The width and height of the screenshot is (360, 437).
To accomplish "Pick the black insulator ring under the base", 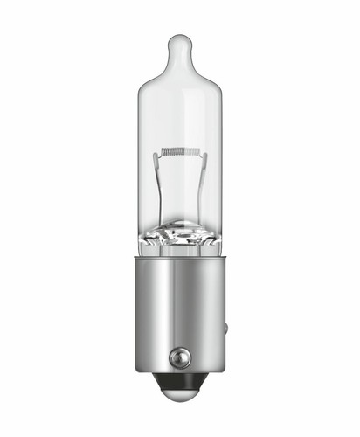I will pos(180,382).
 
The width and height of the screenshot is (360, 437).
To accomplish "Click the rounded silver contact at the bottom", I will pos(180,397).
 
